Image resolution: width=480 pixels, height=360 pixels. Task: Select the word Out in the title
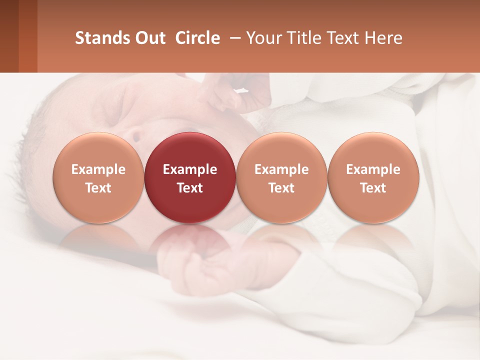149,38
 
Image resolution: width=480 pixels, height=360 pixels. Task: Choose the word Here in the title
383,38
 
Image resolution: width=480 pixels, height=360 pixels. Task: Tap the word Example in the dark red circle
190,169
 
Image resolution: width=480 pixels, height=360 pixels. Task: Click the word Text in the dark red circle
190,188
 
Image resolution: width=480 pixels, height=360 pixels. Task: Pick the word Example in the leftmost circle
98,169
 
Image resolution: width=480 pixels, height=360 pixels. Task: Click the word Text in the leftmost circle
98,188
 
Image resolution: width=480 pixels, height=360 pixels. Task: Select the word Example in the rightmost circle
373,169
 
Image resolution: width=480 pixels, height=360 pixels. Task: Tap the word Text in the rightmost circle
373,188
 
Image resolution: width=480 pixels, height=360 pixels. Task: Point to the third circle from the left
281,177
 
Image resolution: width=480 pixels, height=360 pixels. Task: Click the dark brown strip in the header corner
9,36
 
